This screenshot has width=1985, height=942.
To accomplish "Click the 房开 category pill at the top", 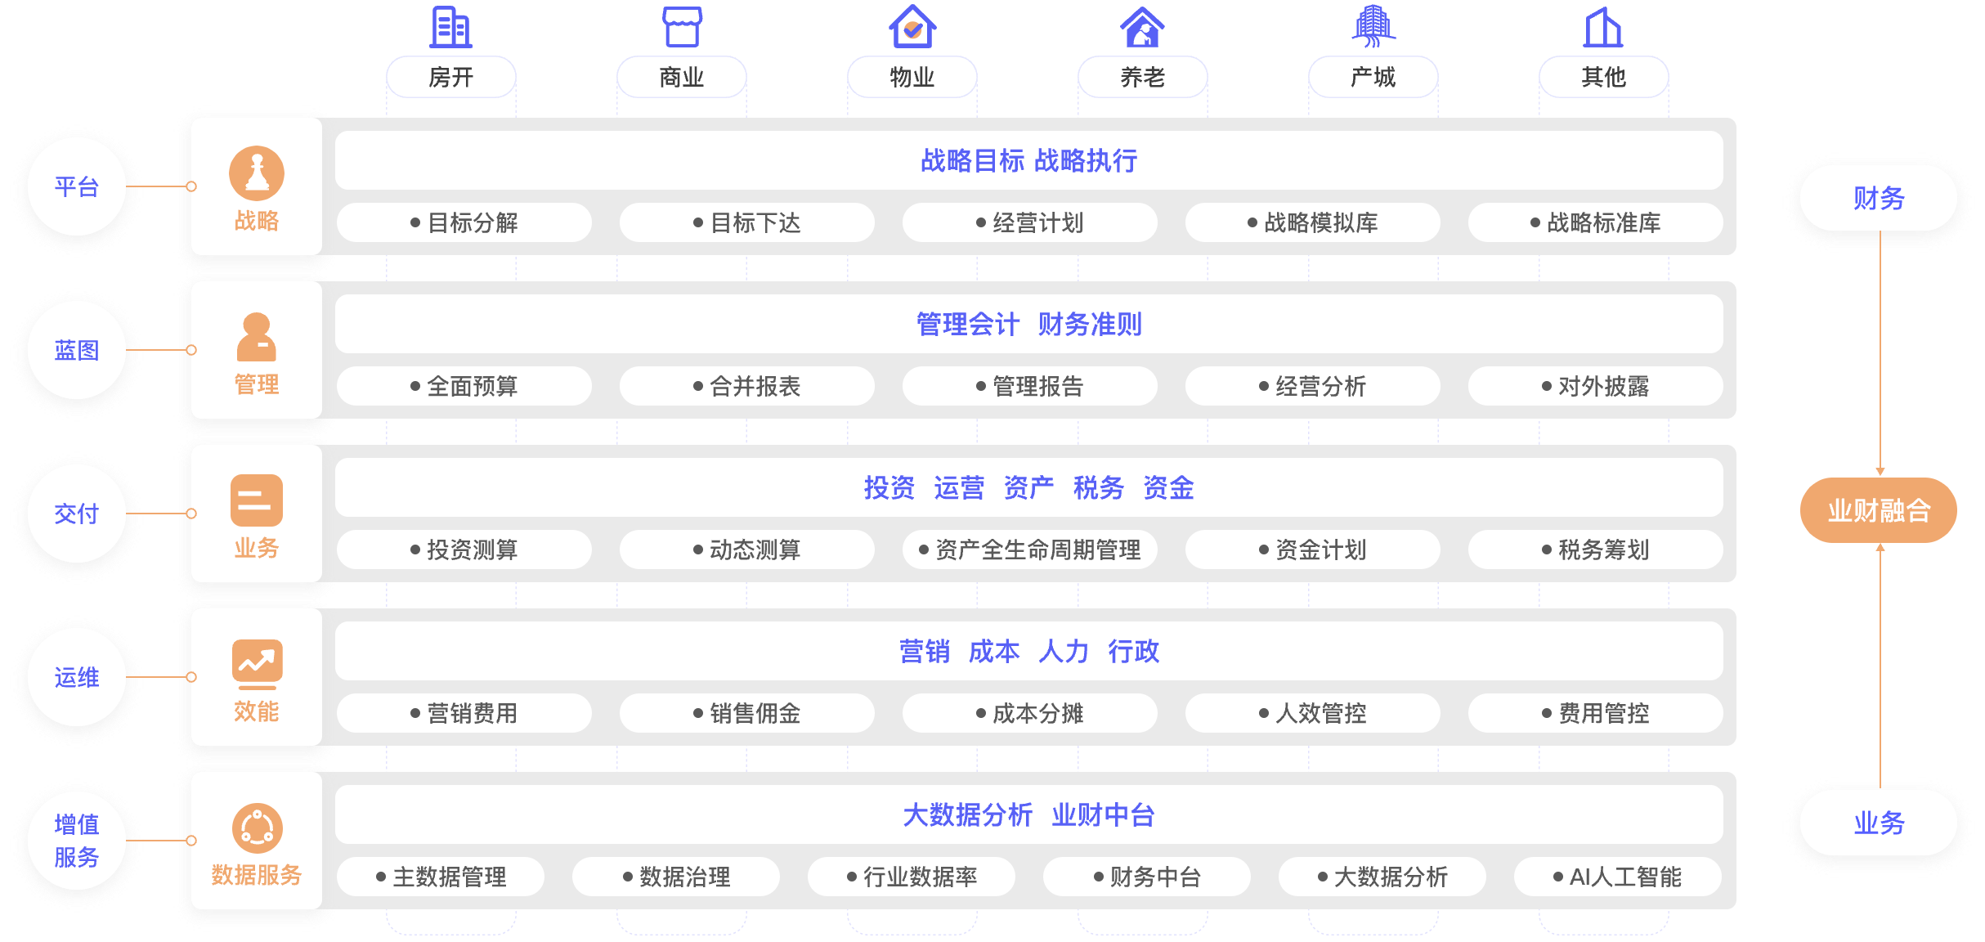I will [450, 78].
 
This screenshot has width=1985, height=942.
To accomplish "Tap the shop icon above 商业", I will [682, 27].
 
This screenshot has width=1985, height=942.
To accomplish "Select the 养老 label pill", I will [1142, 78].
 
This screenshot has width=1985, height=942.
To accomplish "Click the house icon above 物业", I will [912, 27].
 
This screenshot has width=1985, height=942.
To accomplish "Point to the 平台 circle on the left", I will [77, 187].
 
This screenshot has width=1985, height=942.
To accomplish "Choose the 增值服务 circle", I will [77, 841].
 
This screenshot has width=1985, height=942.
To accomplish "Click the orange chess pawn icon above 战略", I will [257, 173].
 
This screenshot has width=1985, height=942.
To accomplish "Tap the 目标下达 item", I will [746, 222].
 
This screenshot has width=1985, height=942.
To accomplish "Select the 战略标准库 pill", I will [1595, 222].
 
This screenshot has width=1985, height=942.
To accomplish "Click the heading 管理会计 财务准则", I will [1028, 325].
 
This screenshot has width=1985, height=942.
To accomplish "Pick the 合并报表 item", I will [746, 386].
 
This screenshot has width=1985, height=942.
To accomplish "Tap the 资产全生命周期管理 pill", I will [1029, 549].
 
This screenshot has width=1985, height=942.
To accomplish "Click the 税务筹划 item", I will [1595, 549].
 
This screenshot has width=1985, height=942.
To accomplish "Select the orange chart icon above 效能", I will [257, 662].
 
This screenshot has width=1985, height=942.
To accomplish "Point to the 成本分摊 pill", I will [1029, 713].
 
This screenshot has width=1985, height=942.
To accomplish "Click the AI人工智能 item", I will [1617, 877].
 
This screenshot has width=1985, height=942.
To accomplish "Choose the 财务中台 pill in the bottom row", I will [1146, 877].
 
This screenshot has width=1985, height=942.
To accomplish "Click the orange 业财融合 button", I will [1879, 511].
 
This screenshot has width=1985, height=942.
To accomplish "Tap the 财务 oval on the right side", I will [1879, 199].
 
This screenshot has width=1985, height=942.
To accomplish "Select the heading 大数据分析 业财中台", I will [1028, 815].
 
